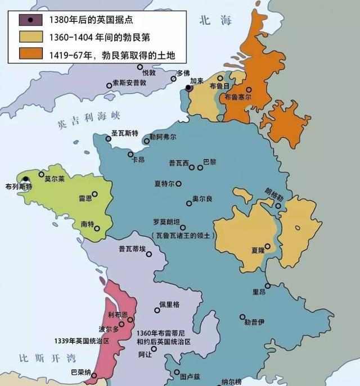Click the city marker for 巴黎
(200, 167)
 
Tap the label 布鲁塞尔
(238, 97)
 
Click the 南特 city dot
(97, 228)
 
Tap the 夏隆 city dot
(268, 246)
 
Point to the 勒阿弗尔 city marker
(147, 142)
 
